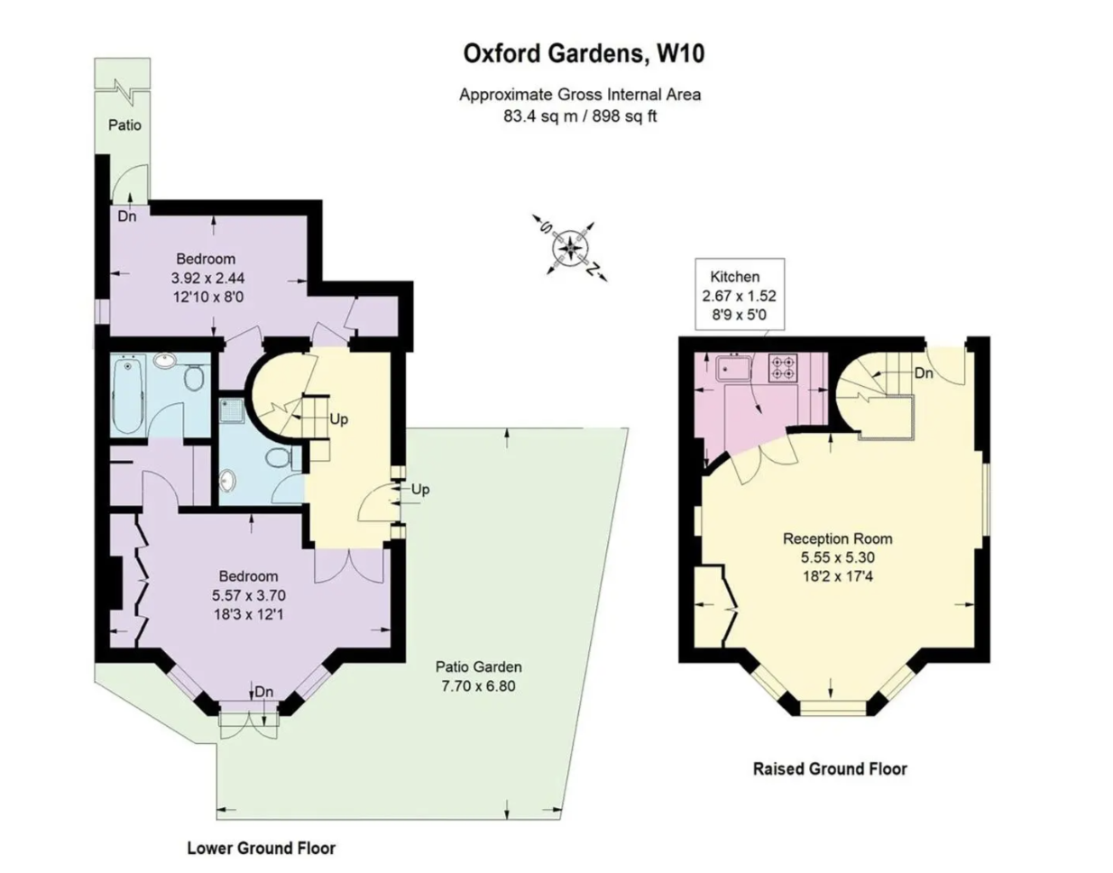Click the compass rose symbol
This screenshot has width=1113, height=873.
(x=569, y=248)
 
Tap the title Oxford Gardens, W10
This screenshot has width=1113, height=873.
(x=584, y=53)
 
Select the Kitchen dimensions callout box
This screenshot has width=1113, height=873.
(x=739, y=294)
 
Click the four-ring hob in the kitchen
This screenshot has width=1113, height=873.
(x=783, y=368)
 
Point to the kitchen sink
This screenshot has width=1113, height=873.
(x=733, y=367)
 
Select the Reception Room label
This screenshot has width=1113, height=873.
(x=837, y=538)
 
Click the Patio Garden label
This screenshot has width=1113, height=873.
(x=478, y=666)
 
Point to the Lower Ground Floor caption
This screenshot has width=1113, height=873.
(x=262, y=849)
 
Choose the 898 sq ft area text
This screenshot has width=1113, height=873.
(x=624, y=116)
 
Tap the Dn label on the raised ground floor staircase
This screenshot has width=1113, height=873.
(x=924, y=373)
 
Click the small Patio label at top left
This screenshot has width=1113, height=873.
(x=125, y=125)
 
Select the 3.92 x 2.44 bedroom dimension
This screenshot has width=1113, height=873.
(x=208, y=278)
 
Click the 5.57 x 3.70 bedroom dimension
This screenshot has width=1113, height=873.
(x=248, y=595)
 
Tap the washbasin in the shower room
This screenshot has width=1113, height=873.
(x=227, y=482)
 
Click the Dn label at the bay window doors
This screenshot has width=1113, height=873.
(x=263, y=693)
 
